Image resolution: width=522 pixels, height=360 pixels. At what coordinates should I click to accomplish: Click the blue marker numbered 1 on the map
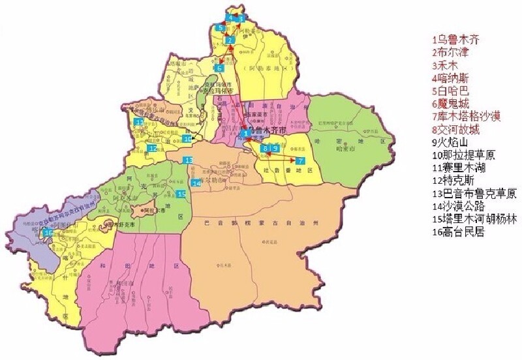click(x=245, y=134)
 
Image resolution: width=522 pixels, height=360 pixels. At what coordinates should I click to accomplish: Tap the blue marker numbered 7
click(x=300, y=160)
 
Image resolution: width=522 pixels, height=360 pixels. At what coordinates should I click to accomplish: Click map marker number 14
click(x=196, y=183)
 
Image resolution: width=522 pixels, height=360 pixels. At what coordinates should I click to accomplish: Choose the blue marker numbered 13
click(x=188, y=160)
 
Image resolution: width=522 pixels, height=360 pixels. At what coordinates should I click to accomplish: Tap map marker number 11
click(x=139, y=122)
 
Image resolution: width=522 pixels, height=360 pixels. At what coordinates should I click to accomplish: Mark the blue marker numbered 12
click(x=152, y=149)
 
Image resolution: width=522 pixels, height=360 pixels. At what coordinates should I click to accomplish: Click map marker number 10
click(x=188, y=138)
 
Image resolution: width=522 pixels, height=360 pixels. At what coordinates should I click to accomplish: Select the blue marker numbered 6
click(x=219, y=68)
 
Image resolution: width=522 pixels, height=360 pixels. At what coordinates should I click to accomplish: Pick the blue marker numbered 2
click(x=230, y=41)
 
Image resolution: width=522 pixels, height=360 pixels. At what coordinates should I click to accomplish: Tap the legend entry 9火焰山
click(x=451, y=142)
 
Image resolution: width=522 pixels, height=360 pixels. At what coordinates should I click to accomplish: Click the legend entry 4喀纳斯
click(x=450, y=78)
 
